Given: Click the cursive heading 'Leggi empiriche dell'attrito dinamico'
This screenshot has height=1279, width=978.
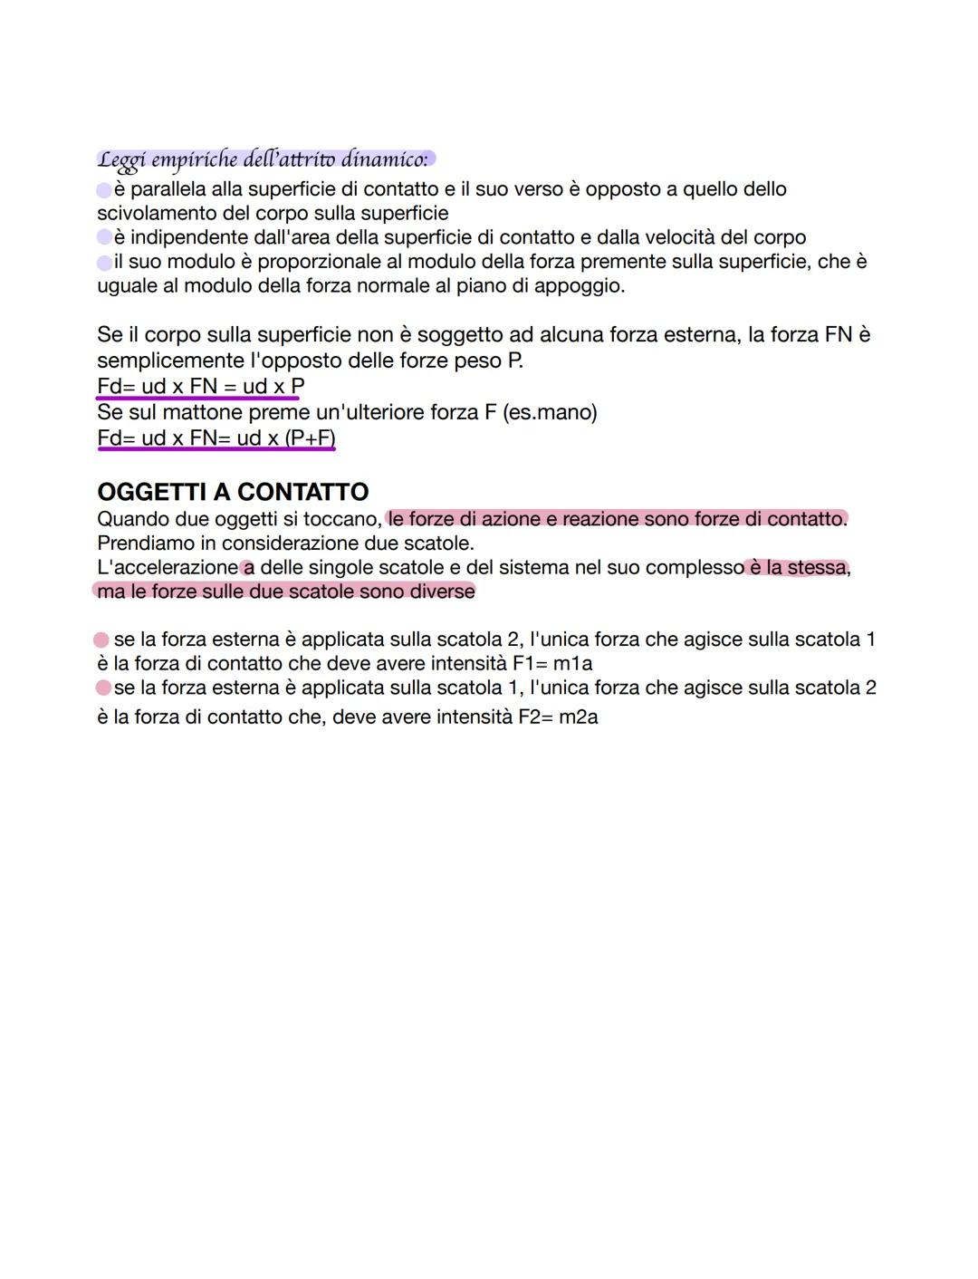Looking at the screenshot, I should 263,160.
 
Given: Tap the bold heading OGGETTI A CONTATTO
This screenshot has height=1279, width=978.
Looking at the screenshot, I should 233,492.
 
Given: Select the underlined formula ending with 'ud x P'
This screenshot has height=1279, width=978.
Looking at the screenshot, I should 200,387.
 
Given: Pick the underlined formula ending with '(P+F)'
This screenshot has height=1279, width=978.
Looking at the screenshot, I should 216,438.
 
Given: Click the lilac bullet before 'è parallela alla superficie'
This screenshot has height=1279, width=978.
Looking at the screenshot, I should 104,190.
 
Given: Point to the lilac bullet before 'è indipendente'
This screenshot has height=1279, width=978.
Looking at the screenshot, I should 104,238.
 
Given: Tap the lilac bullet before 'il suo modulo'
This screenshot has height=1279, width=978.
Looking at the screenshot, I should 104,263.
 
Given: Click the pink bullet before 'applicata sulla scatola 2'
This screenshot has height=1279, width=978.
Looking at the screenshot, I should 101,640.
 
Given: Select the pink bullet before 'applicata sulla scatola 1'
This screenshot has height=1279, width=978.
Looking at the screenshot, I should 101,688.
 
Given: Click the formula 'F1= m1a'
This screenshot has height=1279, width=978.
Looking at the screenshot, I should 552,664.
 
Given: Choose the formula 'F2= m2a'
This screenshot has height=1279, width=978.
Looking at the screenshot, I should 558,717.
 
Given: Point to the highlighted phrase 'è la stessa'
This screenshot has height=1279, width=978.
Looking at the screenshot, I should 797,568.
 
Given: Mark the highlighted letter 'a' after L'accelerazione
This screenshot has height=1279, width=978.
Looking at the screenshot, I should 248,568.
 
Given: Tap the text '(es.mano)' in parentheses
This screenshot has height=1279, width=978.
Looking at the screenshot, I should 551,413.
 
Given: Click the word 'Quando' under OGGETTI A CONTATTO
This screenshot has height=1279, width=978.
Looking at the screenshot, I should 133,519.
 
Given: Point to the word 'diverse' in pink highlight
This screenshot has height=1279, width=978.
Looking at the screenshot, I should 443,591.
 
